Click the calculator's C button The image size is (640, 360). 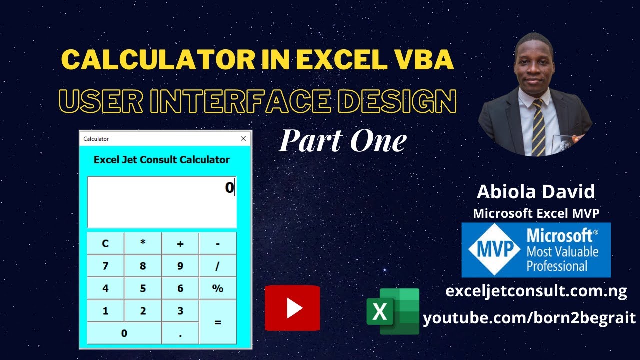click(x=105, y=243)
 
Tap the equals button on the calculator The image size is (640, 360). click(x=218, y=322)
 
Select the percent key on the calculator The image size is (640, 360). click(x=218, y=288)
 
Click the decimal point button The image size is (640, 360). click(x=180, y=333)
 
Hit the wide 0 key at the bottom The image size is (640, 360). click(x=124, y=333)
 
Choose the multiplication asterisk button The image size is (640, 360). click(x=143, y=243)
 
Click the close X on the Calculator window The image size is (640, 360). click(x=243, y=139)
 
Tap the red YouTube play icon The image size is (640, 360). click(x=292, y=308)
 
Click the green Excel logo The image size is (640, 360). click(x=393, y=311)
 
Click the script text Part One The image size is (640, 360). click(x=342, y=141)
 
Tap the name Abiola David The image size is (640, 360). click(x=536, y=192)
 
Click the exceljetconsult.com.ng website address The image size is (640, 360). click(x=536, y=291)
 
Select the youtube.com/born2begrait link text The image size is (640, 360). click(x=529, y=318)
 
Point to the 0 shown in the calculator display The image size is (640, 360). click(x=229, y=188)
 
